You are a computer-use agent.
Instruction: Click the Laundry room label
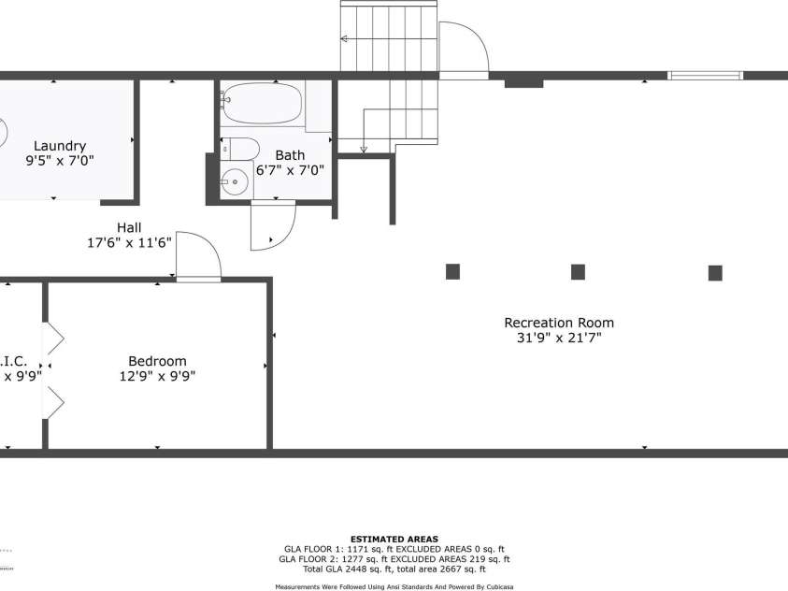(60, 146)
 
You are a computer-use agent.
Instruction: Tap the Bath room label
(290, 155)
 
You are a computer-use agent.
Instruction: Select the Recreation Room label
(559, 323)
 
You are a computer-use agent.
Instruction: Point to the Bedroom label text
(157, 361)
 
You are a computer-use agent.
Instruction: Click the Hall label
(129, 227)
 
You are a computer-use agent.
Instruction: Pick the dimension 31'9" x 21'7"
(559, 339)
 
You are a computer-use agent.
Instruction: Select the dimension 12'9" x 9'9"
(157, 377)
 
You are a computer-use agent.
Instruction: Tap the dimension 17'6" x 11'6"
(129, 243)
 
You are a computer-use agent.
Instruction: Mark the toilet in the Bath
(241, 149)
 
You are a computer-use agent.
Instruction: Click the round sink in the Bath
(236, 183)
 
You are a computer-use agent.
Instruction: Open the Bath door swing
(272, 226)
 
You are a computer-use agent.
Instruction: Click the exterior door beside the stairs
(464, 50)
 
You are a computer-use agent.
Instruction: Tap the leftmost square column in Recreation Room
(452, 272)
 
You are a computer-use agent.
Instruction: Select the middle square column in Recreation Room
(578, 272)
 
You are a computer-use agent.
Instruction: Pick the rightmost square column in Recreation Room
(715, 273)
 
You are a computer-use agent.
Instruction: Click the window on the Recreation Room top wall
(706, 76)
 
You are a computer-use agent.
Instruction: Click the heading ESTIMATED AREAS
(394, 540)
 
